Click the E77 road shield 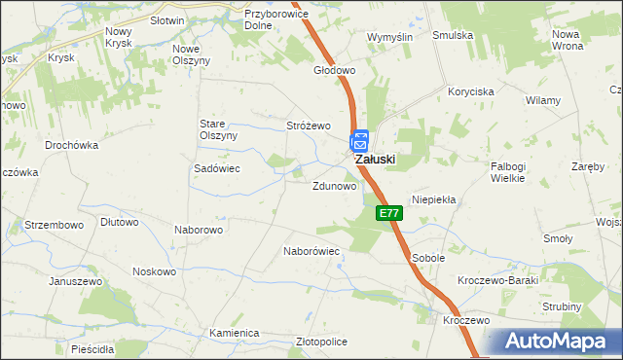point(388,213)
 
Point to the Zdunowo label point(333,186)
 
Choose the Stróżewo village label point(309,126)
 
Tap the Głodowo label point(334,71)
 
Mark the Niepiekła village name point(434,198)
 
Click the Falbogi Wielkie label point(508,172)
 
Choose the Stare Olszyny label point(218,129)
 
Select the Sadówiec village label point(217,168)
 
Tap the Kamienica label point(235,333)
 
